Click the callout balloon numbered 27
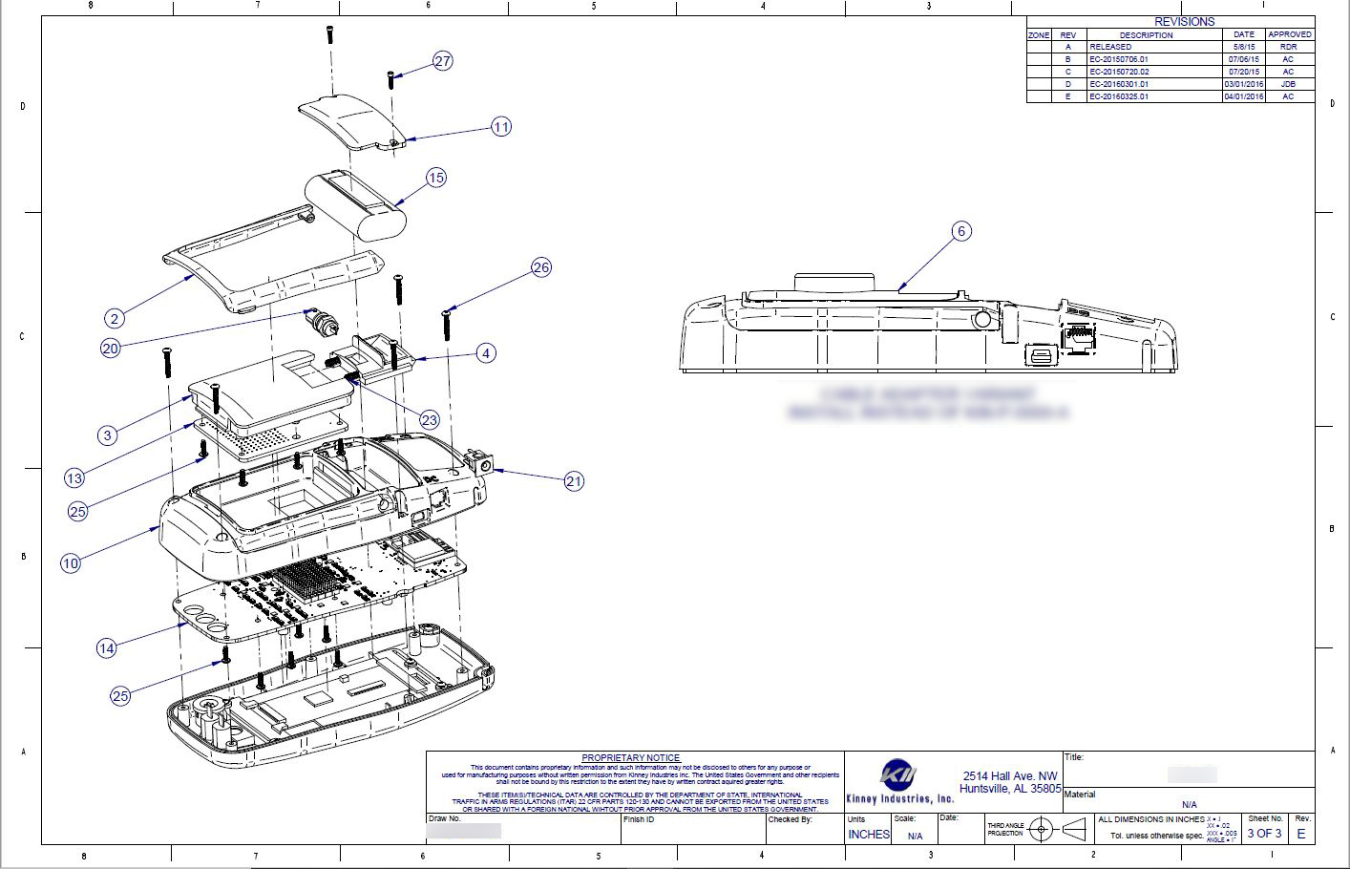(442, 61)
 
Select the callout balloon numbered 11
(501, 126)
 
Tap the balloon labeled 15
(435, 178)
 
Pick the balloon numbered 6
(961, 231)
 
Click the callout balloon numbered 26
(541, 267)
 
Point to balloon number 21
(574, 481)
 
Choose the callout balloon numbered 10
(71, 563)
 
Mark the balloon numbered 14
(107, 648)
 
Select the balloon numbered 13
(74, 478)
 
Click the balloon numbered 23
(429, 420)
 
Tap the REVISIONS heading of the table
(1184, 21)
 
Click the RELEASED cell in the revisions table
(1110, 47)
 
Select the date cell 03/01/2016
(1244, 84)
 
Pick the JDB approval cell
(1288, 84)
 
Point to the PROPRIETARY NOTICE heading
(631, 757)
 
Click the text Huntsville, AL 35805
(1010, 789)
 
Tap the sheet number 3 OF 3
(1264, 834)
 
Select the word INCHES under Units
(869, 835)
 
